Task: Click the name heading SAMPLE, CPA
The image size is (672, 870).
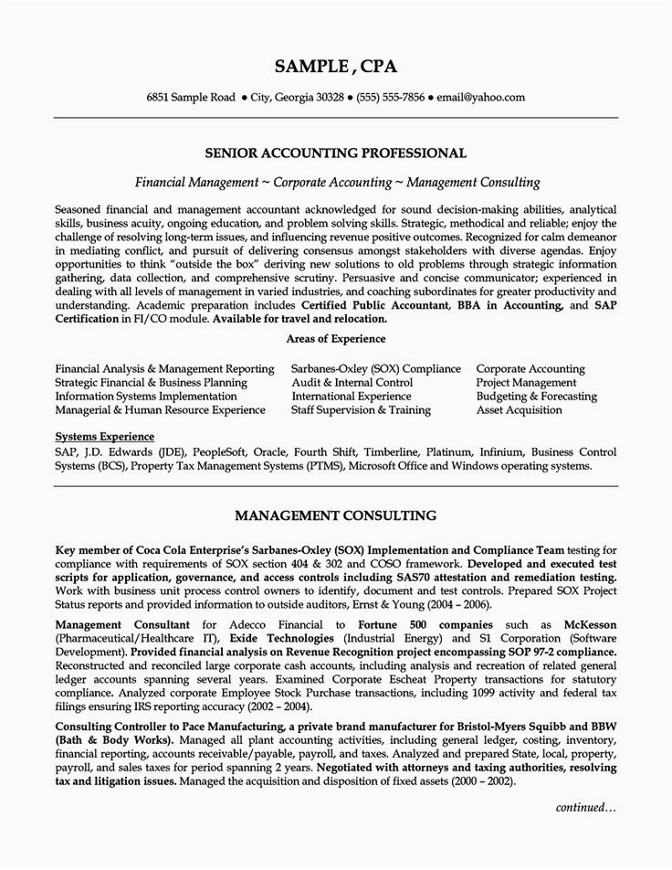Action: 335,67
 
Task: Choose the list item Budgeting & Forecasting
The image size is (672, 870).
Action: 536,397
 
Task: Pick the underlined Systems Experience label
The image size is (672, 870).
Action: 104,437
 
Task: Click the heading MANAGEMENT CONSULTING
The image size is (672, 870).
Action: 335,515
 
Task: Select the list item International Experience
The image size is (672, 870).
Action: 351,397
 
